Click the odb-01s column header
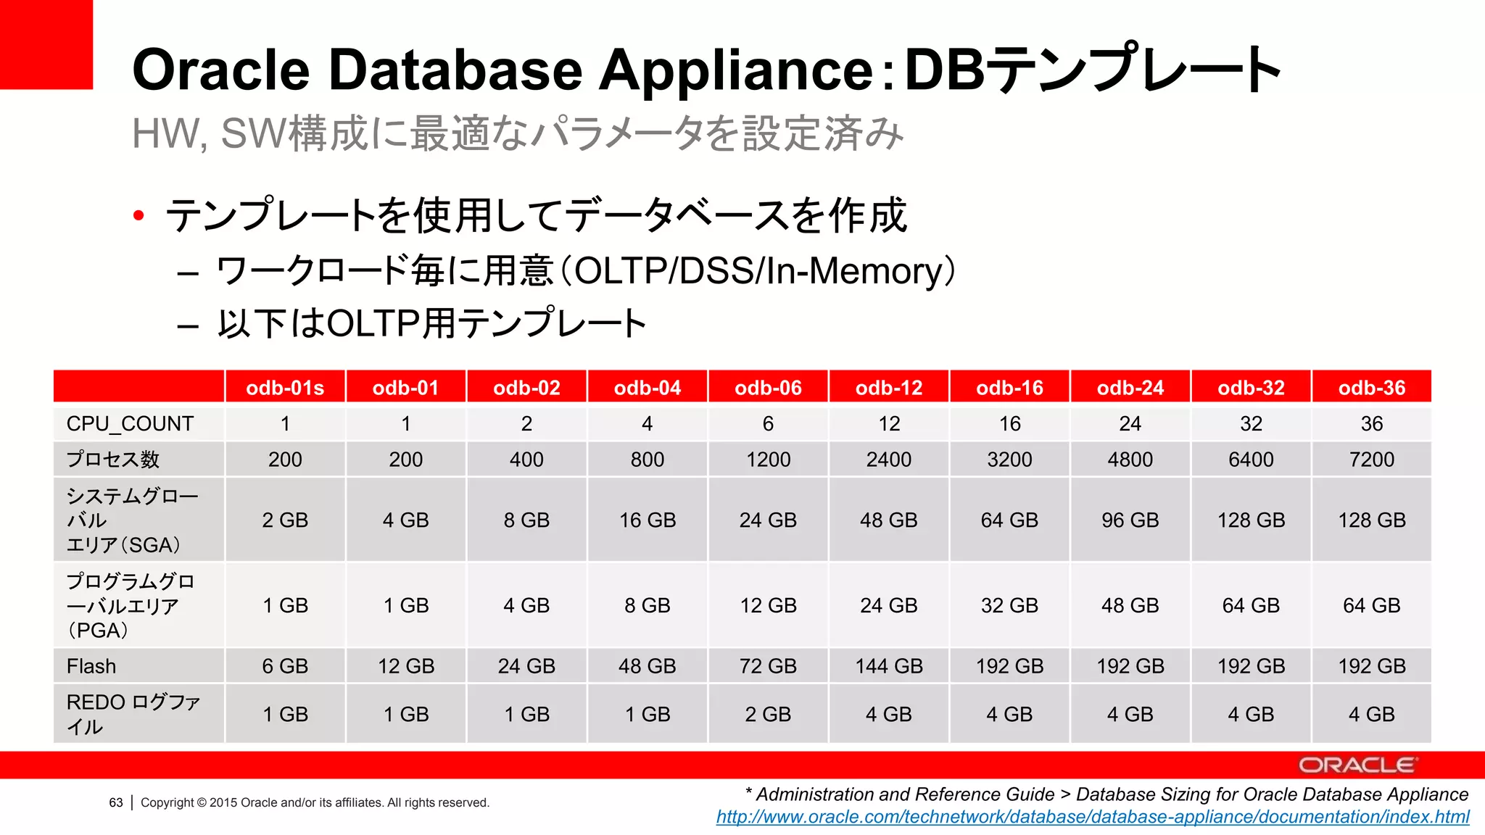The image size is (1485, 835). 285,388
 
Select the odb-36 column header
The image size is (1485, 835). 1371,388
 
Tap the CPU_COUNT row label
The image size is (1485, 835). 131,423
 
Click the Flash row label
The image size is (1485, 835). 91,666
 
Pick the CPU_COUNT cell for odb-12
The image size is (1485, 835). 889,423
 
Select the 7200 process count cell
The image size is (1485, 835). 1371,460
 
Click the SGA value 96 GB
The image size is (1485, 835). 1130,520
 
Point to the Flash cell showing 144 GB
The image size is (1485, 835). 889,666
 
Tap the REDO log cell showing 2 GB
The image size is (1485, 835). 768,714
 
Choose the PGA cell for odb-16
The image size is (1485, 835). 1009,605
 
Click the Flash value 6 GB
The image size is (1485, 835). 285,666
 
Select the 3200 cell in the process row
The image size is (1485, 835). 1009,460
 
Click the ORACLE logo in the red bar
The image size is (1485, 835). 1356,765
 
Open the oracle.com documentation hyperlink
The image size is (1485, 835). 1092,817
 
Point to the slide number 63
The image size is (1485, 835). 116,802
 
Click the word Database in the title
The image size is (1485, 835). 455,70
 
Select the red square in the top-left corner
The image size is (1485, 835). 46,43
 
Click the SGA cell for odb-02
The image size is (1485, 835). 526,520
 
